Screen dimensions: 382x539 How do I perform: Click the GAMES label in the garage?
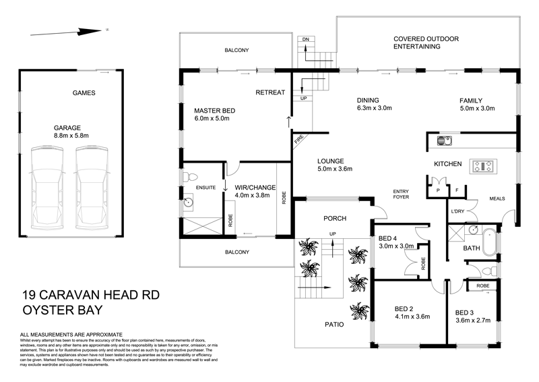click(x=84, y=93)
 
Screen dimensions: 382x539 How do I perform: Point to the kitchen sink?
click(x=443, y=141)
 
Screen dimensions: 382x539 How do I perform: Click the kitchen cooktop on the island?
click(x=482, y=165)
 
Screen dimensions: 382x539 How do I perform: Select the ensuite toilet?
click(x=188, y=175)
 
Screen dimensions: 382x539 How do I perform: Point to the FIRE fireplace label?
click(x=298, y=142)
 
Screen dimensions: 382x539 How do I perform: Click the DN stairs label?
click(x=305, y=40)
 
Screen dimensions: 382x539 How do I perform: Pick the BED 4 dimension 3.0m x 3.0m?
click(x=396, y=247)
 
